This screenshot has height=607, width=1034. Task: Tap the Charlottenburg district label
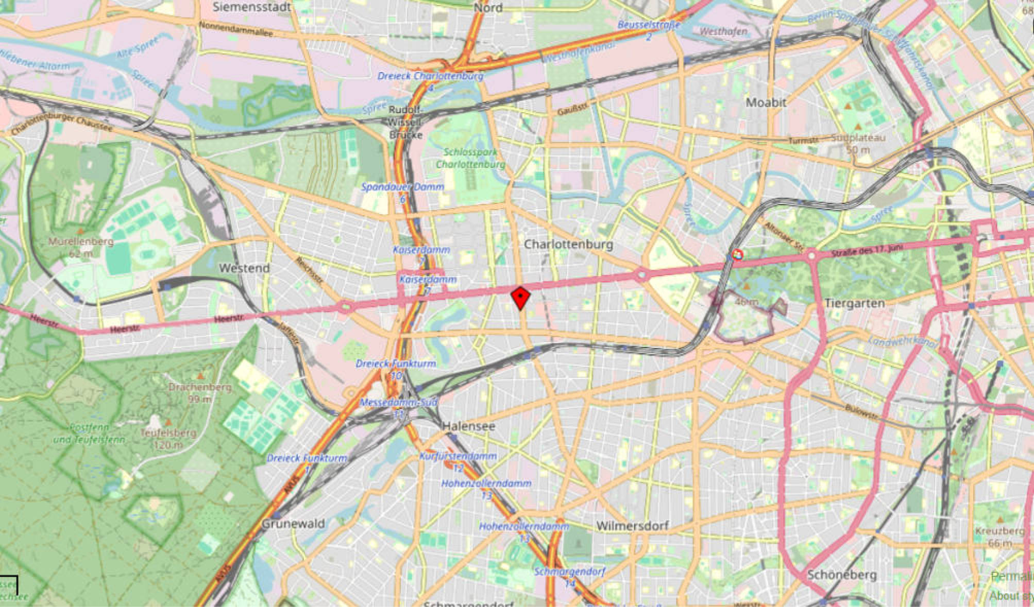pyautogui.click(x=568, y=244)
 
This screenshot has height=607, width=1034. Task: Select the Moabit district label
pyautogui.click(x=766, y=102)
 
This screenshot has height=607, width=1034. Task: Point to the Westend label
pyautogui.click(x=244, y=268)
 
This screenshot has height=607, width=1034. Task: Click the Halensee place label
pyautogui.click(x=468, y=426)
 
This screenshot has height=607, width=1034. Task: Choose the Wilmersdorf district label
pyautogui.click(x=632, y=526)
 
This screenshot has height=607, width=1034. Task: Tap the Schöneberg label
pyautogui.click(x=842, y=575)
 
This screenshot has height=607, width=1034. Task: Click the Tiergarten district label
pyautogui.click(x=854, y=303)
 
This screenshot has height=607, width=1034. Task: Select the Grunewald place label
pyautogui.click(x=293, y=524)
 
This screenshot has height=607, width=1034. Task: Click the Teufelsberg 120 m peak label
pyautogui.click(x=168, y=438)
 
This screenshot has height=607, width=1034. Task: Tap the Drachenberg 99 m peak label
pyautogui.click(x=200, y=392)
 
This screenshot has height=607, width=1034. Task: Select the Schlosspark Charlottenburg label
pyautogui.click(x=470, y=158)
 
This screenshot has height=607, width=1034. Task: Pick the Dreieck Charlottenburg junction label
pyautogui.click(x=430, y=77)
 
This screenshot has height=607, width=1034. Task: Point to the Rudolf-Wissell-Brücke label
pyautogui.click(x=405, y=123)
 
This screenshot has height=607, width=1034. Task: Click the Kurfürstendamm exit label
pyautogui.click(x=457, y=456)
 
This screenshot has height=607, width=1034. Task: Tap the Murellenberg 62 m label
pyautogui.click(x=81, y=247)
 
